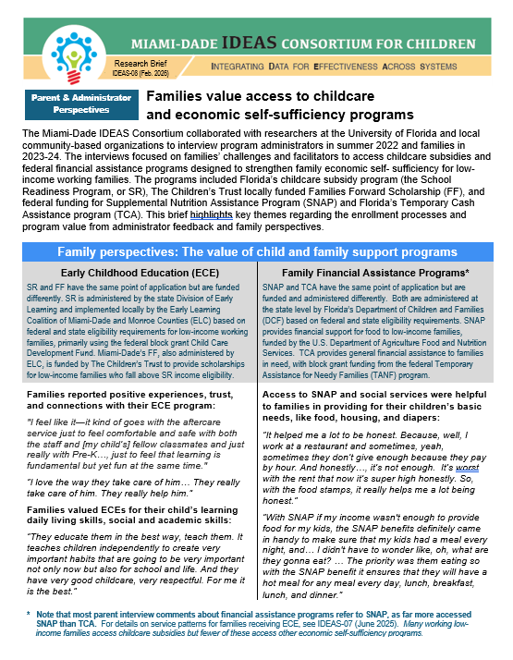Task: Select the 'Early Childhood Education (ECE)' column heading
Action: (135, 274)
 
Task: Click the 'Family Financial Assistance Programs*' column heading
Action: (377, 274)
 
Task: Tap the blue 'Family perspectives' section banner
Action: (256, 252)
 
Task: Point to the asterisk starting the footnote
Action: (29, 615)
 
